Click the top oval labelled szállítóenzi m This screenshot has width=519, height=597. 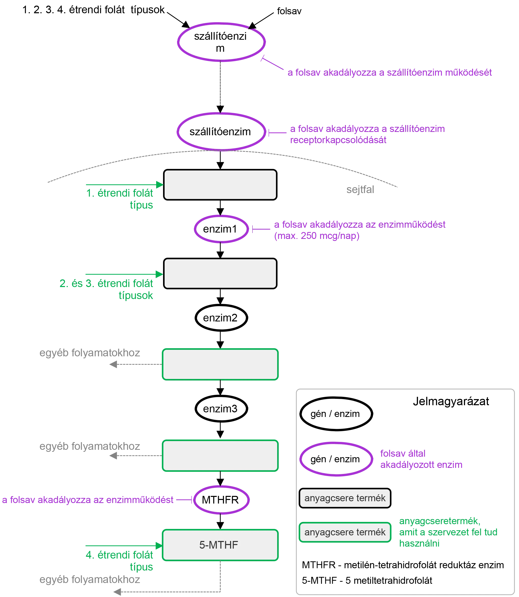pyautogui.click(x=221, y=42)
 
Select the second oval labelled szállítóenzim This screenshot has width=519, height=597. pyautogui.click(x=221, y=132)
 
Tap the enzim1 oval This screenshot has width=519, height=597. pyautogui.click(x=221, y=229)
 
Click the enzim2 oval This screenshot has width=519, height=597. pyautogui.click(x=220, y=318)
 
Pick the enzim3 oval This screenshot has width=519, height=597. pyautogui.click(x=220, y=409)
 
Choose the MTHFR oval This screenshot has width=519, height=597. pyautogui.click(x=221, y=500)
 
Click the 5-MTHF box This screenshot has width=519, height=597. pyautogui.click(x=220, y=545)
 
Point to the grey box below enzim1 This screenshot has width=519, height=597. pyautogui.click(x=220, y=273)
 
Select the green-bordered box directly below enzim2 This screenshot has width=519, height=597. pyautogui.click(x=220, y=364)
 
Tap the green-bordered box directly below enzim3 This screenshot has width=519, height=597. pyautogui.click(x=220, y=455)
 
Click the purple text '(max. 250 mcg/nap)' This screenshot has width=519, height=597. pyautogui.click(x=316, y=236)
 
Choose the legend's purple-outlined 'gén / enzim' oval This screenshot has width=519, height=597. pyautogui.click(x=335, y=459)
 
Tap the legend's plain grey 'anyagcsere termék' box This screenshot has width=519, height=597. pyautogui.click(x=345, y=498)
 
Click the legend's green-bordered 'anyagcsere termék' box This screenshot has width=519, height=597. pyautogui.click(x=345, y=532)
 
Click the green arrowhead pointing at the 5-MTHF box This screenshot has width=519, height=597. pyautogui.click(x=159, y=546)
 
